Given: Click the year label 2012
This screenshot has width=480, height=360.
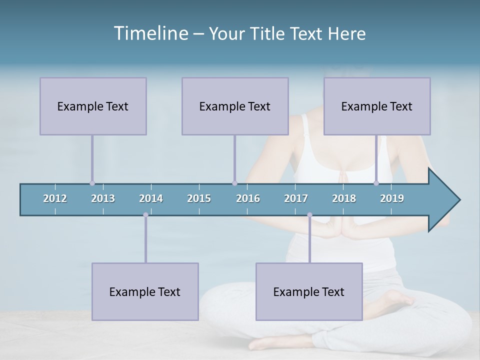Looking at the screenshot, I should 55,198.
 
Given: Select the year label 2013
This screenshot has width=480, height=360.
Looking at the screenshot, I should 103,198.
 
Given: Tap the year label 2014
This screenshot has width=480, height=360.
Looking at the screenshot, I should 151,198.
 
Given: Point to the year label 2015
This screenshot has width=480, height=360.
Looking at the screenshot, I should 199,198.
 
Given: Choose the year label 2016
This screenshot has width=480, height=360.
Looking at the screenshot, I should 248,198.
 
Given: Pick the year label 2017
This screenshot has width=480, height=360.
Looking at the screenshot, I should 296,198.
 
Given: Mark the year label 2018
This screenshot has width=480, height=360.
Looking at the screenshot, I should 344,198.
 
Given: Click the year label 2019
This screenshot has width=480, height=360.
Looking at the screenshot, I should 392,198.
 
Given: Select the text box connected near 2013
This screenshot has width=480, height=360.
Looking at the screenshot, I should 93,106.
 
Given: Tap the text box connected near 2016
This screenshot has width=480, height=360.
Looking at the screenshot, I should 235,106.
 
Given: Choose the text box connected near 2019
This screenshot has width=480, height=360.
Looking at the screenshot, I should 377,106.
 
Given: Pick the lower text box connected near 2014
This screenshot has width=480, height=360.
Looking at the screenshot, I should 145,291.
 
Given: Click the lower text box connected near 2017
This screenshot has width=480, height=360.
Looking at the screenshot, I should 309,291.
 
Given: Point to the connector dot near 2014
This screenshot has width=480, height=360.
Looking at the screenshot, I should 145,215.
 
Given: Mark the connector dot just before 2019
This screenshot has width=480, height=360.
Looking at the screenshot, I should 376,183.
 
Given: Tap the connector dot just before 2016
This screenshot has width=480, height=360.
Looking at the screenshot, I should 234,183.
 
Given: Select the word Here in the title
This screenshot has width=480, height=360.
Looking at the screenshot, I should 346,33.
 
